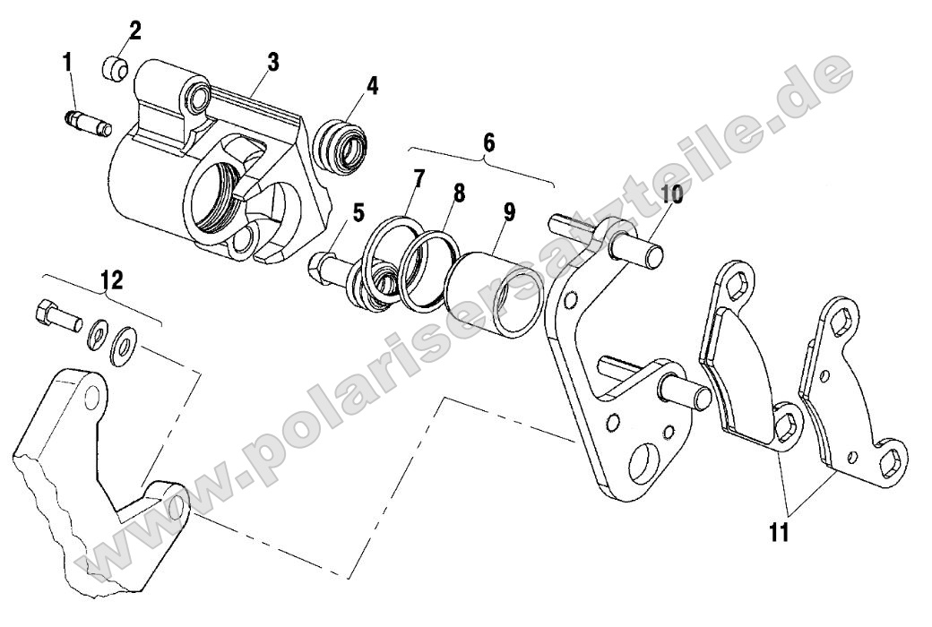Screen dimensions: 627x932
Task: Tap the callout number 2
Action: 134,30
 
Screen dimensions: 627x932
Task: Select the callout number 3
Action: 272,62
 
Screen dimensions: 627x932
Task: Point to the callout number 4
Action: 372,85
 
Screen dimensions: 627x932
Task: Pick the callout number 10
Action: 671,194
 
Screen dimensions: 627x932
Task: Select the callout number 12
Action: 111,280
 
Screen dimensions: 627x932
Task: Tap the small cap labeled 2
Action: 115,68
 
